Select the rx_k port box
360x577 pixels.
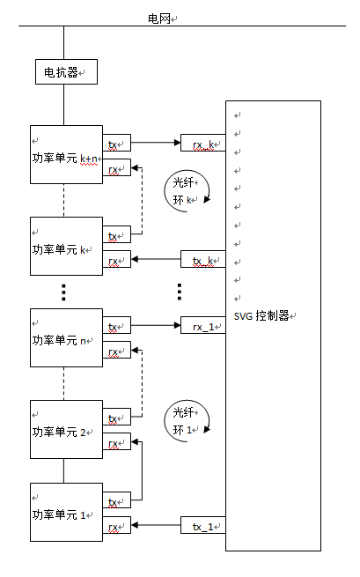(202, 144)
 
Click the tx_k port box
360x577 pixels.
(202, 259)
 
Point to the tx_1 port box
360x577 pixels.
(202, 527)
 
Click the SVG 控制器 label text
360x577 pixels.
(266, 315)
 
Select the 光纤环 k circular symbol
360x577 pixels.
(186, 190)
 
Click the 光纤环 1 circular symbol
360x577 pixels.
(186, 419)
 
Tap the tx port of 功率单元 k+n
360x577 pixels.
(117, 143)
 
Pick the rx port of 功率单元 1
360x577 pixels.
(117, 527)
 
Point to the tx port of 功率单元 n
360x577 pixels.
(117, 326)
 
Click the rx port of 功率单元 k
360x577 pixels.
(117, 259)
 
